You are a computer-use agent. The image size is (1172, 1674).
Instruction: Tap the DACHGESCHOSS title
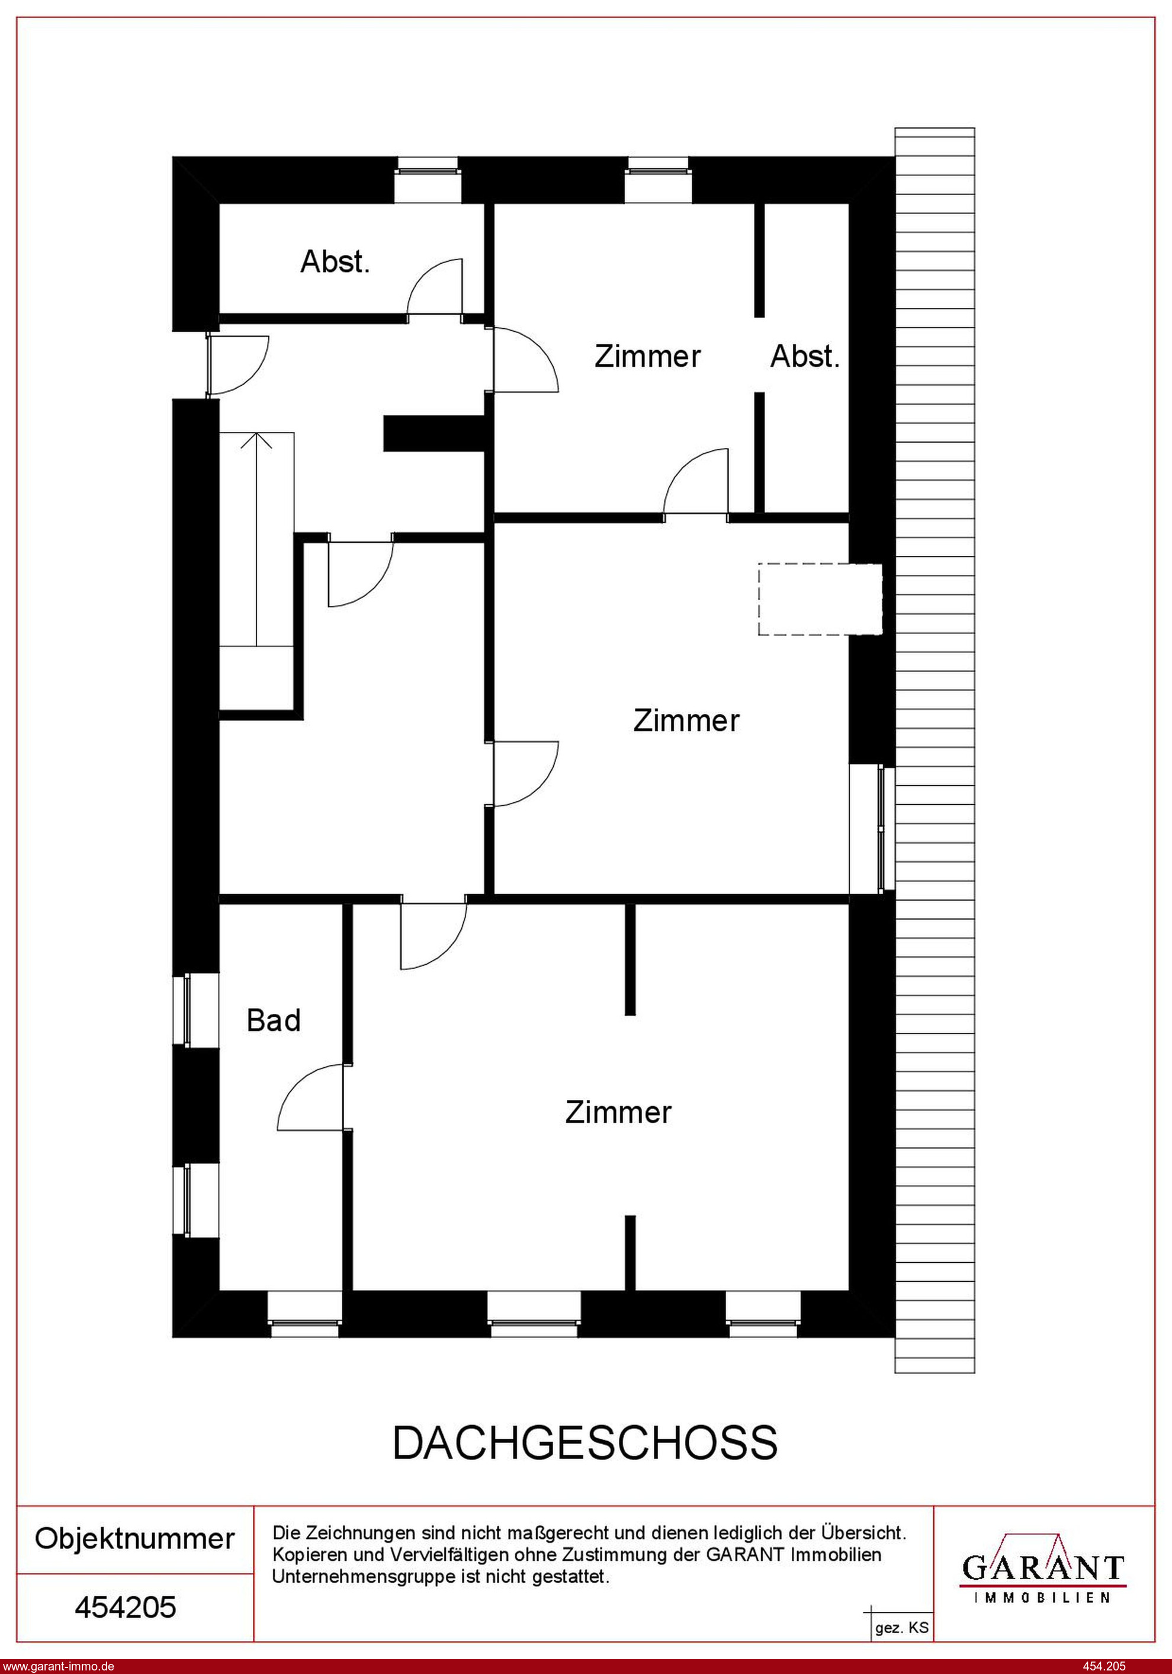[x=585, y=1442]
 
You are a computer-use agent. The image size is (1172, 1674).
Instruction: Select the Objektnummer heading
[x=135, y=1539]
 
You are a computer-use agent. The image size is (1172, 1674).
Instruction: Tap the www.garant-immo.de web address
[x=57, y=1666]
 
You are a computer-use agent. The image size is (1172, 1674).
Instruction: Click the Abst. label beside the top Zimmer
[x=805, y=357]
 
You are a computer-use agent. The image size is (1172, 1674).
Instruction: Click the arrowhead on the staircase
[x=256, y=440]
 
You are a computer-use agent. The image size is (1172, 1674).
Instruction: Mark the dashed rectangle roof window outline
[x=820, y=598]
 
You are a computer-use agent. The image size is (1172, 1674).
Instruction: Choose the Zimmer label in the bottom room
[x=618, y=1113]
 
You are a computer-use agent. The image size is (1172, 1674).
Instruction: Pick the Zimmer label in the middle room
[x=686, y=721]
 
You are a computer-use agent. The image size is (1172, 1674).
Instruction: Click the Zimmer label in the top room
[x=647, y=357]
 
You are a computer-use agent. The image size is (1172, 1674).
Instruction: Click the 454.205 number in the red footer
[x=1104, y=1666]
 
